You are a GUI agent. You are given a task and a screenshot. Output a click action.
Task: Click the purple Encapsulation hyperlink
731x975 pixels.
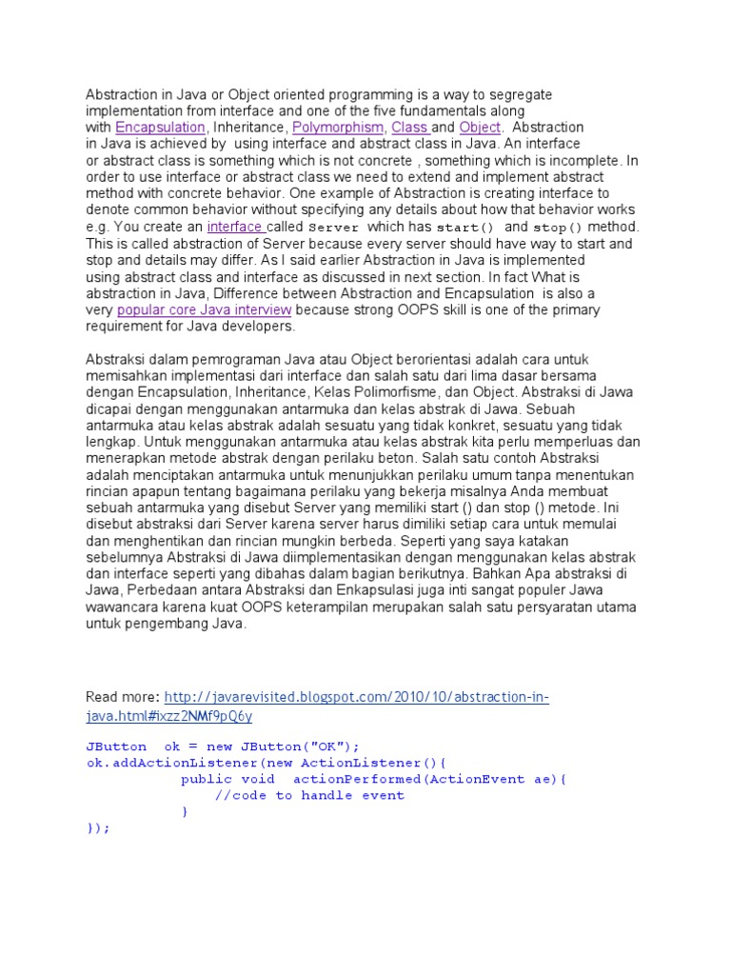(161, 127)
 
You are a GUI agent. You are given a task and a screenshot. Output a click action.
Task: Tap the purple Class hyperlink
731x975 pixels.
(410, 127)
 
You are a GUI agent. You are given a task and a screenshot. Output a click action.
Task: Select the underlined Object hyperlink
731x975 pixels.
(479, 127)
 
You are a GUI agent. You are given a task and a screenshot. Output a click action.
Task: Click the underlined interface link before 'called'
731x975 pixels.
(235, 227)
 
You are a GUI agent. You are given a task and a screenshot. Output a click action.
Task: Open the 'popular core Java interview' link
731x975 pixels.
(204, 309)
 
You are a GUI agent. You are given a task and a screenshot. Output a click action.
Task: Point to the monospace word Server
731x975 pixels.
(335, 228)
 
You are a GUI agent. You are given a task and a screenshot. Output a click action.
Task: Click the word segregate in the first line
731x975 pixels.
(521, 95)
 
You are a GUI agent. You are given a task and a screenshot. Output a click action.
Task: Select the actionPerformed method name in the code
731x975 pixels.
(356, 779)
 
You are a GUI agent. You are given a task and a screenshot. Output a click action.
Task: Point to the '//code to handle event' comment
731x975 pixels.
(309, 795)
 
